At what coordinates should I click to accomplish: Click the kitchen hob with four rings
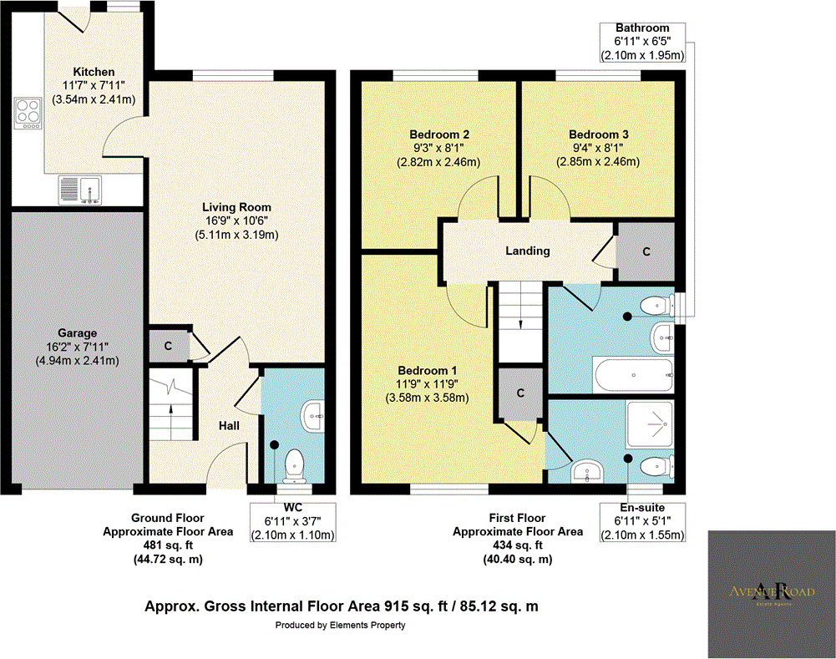[27, 114]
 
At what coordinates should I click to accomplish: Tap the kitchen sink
[80, 190]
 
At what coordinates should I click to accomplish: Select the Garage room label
[76, 333]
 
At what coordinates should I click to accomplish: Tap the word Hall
[230, 426]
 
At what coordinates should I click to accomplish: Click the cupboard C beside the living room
[167, 345]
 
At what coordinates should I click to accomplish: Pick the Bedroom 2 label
[438, 134]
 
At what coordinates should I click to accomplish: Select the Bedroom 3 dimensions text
[598, 155]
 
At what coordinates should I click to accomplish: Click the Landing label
[528, 251]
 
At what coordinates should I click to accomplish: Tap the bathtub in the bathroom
[631, 372]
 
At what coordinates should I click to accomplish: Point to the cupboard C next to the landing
[646, 251]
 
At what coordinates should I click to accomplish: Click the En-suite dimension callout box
[643, 522]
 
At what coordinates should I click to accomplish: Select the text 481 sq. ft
[168, 545]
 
